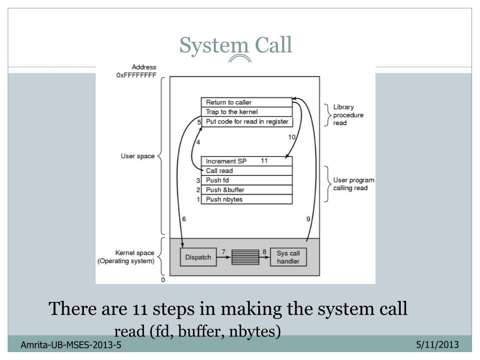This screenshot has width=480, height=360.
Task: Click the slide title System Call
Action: pyautogui.click(x=236, y=45)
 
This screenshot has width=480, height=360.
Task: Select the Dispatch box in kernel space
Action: pyautogui.click(x=198, y=257)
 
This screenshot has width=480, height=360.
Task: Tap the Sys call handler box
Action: pyautogui.click(x=288, y=257)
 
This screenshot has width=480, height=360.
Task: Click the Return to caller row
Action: pyautogui.click(x=247, y=102)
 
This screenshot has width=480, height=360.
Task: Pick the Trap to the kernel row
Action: pyautogui.click(x=247, y=112)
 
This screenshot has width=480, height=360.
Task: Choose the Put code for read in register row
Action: pyautogui.click(x=247, y=122)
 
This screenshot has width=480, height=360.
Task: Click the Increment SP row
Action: pyautogui.click(x=247, y=161)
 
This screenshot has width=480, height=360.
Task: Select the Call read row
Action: pyautogui.click(x=247, y=171)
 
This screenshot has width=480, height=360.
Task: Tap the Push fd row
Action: pyautogui.click(x=247, y=180)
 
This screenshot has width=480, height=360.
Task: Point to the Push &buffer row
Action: pyautogui.click(x=247, y=190)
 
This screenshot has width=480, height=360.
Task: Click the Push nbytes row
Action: pyautogui.click(x=247, y=199)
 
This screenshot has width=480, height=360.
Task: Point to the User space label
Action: pyautogui.click(x=138, y=156)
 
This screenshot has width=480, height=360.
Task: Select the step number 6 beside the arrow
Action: pyautogui.click(x=184, y=219)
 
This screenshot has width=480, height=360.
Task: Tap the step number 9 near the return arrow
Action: pyautogui.click(x=308, y=219)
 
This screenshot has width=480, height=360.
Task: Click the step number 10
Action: pyautogui.click(x=292, y=137)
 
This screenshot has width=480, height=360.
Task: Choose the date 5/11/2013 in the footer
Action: pyautogui.click(x=437, y=345)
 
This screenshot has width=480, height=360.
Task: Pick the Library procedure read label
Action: pyautogui.click(x=348, y=115)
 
